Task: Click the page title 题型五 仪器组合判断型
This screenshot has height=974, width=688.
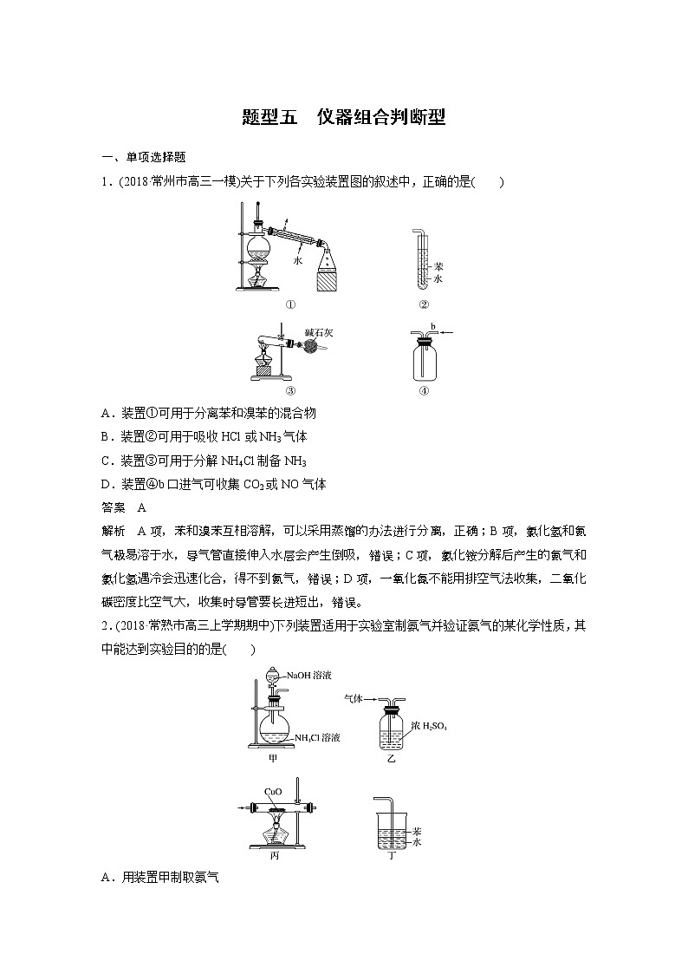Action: click(344, 117)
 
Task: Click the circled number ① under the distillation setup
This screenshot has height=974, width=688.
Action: click(290, 304)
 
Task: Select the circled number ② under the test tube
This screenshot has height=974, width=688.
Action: click(424, 304)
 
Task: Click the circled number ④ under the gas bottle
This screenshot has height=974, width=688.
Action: click(424, 389)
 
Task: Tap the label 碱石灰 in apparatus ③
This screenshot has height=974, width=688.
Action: click(315, 330)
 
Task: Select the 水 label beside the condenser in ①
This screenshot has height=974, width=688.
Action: click(297, 259)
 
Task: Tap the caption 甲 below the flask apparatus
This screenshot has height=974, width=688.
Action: click(272, 757)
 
